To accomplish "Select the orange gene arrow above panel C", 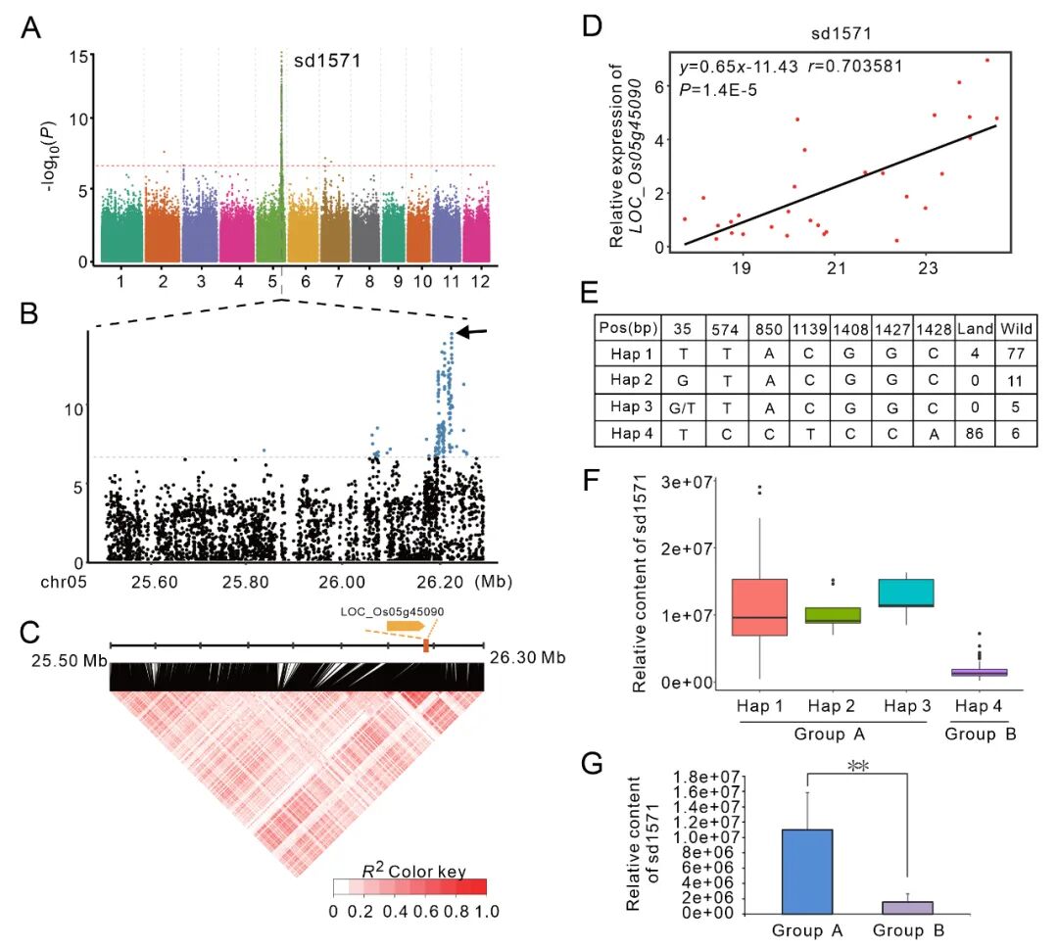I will coord(405,625).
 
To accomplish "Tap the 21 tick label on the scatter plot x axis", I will coord(835,268).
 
